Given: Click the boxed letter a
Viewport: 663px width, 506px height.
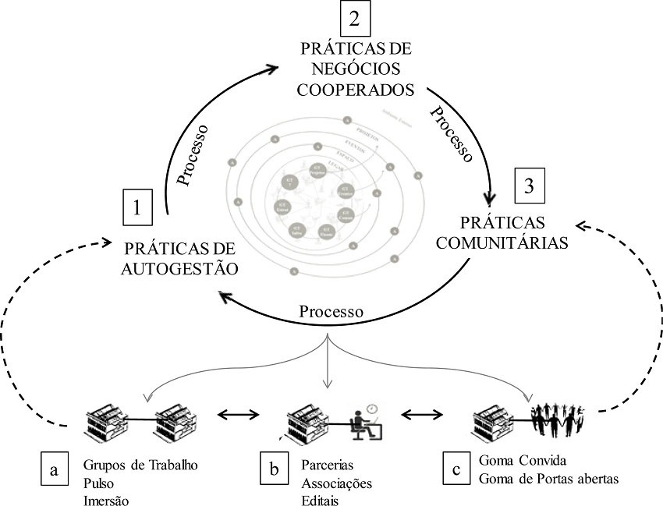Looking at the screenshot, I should [54, 470].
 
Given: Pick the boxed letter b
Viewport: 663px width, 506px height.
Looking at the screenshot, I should [273, 470].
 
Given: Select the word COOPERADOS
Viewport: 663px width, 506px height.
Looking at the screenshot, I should [356, 88].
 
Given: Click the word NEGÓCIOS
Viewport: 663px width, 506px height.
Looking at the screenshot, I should [356, 69].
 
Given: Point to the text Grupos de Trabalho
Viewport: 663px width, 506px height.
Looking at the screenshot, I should [140, 465].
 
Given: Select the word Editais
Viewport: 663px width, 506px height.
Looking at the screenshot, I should [321, 499].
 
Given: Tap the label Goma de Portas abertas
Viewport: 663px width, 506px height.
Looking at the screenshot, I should [548, 479].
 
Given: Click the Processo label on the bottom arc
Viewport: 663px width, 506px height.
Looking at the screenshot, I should [331, 310].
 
